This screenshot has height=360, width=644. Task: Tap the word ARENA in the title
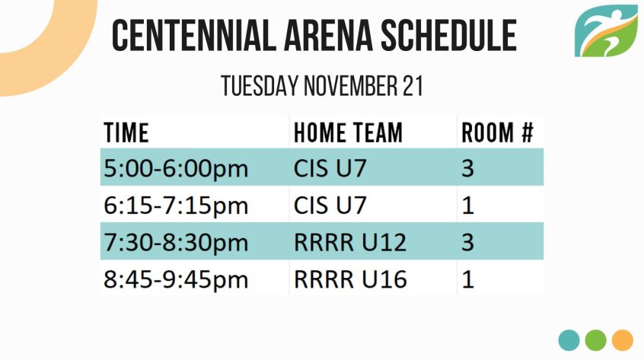[328, 35]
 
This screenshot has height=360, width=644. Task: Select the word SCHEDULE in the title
[448, 35]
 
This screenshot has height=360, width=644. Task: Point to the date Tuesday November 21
[322, 86]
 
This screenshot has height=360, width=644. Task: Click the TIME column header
[126, 132]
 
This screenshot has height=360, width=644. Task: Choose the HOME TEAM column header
[349, 132]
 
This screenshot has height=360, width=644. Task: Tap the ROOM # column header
[497, 132]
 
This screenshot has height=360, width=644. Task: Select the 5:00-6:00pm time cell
[176, 169]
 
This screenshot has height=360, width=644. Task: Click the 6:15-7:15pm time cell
[176, 205]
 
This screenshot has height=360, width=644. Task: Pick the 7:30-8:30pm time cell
[176, 242]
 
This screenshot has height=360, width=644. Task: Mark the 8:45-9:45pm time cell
[176, 279]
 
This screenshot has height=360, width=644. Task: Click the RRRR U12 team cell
[350, 242]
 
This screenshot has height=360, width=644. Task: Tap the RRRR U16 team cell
[350, 279]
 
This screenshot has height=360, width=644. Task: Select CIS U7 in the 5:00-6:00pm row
[330, 168]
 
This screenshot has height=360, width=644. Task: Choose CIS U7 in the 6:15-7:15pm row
[330, 205]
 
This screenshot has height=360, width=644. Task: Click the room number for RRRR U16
[468, 279]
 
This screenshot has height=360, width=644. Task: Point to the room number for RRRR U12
[468, 242]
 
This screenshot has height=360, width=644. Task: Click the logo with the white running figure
[606, 30]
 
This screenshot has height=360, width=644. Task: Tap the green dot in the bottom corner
[595, 340]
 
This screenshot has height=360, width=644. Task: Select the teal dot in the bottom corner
[569, 340]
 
